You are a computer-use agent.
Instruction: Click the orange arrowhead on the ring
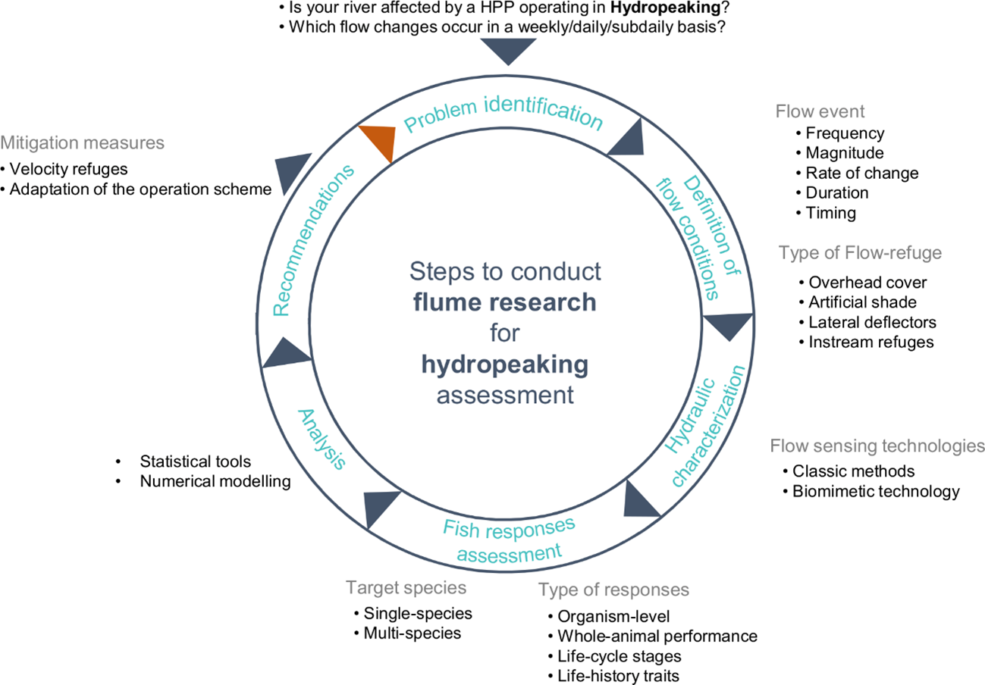(378, 142)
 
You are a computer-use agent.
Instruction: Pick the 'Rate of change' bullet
(862, 174)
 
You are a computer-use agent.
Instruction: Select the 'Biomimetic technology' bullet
(876, 492)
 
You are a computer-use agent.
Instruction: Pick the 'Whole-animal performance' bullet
(657, 635)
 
